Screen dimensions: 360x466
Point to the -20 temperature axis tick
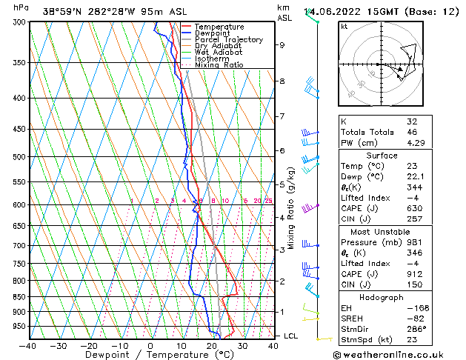(x=89, y=345)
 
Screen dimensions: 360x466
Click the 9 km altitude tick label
(x=282, y=44)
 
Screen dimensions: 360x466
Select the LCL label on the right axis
(x=291, y=336)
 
